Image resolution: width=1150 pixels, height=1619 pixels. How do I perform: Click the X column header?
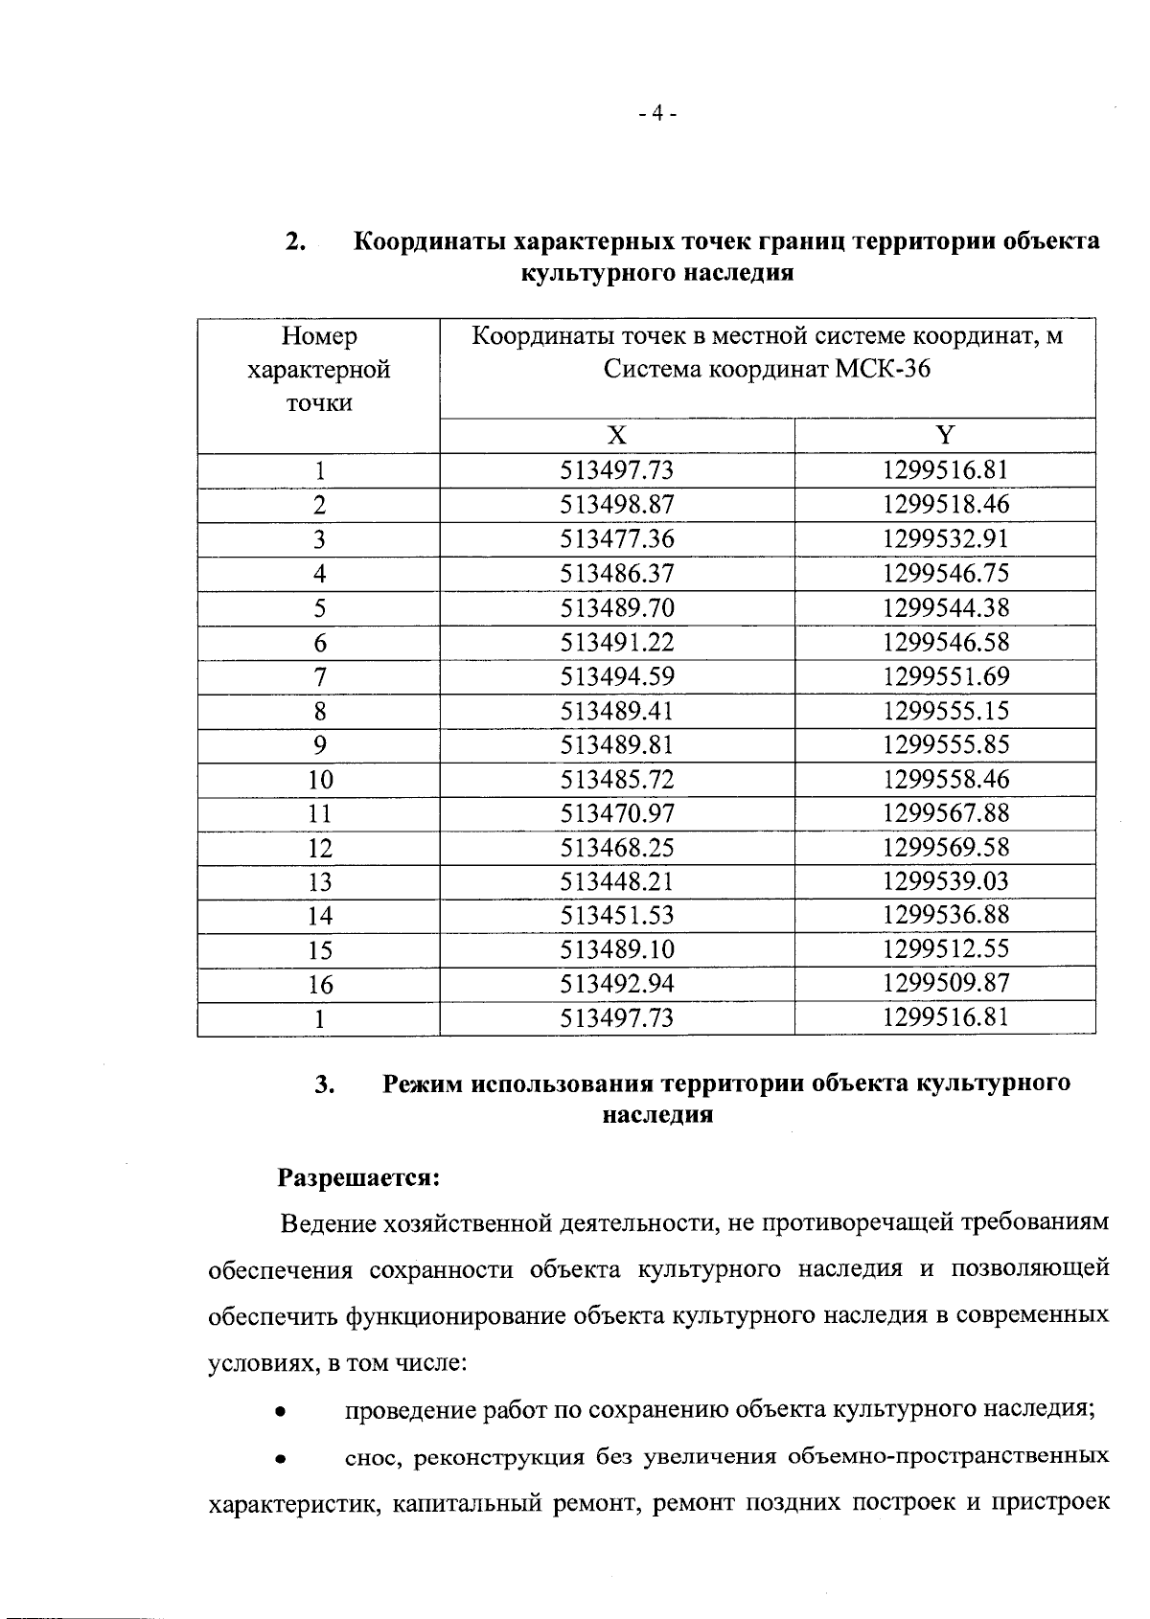pos(617,436)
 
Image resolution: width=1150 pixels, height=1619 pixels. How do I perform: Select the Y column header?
pos(945,436)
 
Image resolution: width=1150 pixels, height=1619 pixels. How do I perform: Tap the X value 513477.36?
pos(617,539)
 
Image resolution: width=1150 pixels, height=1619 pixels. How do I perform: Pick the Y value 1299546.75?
pos(946,574)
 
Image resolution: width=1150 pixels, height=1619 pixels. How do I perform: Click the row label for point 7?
pos(319,677)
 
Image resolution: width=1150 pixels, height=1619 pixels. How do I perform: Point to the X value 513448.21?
pos(617,881)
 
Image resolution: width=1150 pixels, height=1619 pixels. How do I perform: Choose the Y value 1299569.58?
pos(946,848)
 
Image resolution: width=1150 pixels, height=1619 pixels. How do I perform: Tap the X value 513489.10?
pos(617,949)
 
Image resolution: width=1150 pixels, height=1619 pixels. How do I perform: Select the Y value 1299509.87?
pos(946,984)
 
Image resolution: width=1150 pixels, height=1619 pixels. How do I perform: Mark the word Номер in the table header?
pos(319,336)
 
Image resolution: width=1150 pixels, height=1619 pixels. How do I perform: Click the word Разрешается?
pos(358,1176)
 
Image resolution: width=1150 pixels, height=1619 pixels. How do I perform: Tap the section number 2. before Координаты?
pos(295,241)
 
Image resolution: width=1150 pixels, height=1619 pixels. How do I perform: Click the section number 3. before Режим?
pos(324,1084)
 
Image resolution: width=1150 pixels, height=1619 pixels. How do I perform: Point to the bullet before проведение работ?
pos(279,1412)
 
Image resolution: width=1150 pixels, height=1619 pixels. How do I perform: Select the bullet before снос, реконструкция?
pos(279,1460)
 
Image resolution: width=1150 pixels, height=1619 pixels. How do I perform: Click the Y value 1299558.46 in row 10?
pos(946,779)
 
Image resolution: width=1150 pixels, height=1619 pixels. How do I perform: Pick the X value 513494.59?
pos(617,677)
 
